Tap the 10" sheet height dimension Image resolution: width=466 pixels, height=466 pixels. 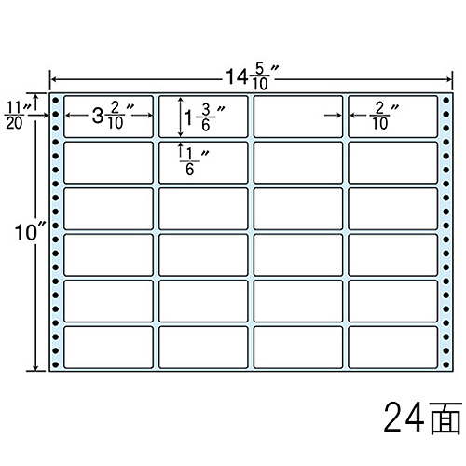coord(29,232)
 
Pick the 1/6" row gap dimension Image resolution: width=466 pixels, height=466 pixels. coord(194,161)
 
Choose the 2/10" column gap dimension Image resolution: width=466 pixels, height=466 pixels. coord(384,116)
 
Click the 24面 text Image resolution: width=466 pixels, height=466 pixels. coord(422,418)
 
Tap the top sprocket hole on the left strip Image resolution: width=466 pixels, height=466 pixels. coord(56,101)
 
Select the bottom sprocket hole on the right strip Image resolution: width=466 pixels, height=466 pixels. coord(446,364)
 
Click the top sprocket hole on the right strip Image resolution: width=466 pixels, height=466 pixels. coord(446,101)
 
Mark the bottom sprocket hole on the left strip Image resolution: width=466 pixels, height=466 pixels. coord(56,364)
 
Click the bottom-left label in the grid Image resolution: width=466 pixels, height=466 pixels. coord(108,348)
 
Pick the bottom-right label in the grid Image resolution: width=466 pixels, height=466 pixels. coord(393,348)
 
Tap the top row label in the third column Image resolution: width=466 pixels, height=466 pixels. coord(298,116)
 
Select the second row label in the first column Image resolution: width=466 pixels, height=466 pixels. coord(108,162)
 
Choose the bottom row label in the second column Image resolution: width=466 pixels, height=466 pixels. coord(203,348)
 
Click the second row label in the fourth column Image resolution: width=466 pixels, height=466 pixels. coord(393,162)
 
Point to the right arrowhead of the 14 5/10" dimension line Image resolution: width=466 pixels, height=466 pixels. coord(449,79)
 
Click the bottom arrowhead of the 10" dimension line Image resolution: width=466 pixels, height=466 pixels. coord(36,368)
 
